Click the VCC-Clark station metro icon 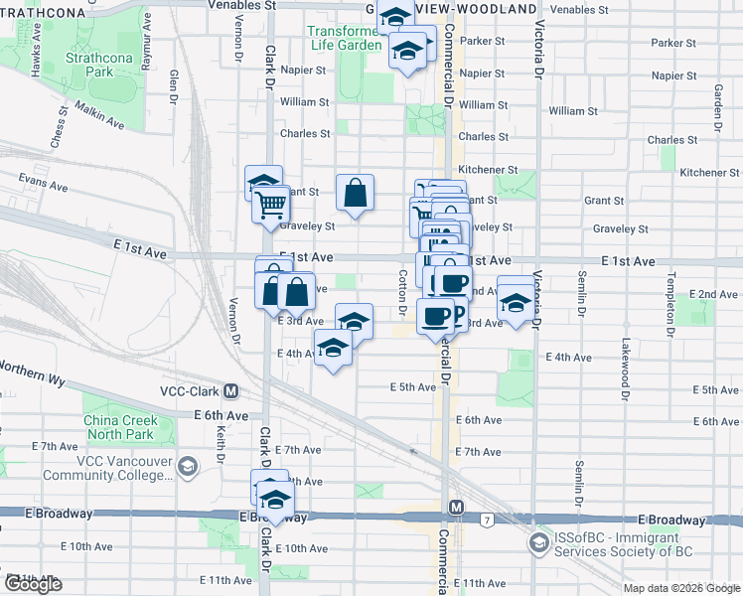coord(230,391)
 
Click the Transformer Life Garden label coord(345,38)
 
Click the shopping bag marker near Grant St coord(355,195)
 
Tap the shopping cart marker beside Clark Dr coord(270,206)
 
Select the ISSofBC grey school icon coord(539,543)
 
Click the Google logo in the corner coord(32,584)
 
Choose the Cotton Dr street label coord(403,292)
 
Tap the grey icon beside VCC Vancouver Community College coord(187,467)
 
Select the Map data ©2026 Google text coord(682,588)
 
